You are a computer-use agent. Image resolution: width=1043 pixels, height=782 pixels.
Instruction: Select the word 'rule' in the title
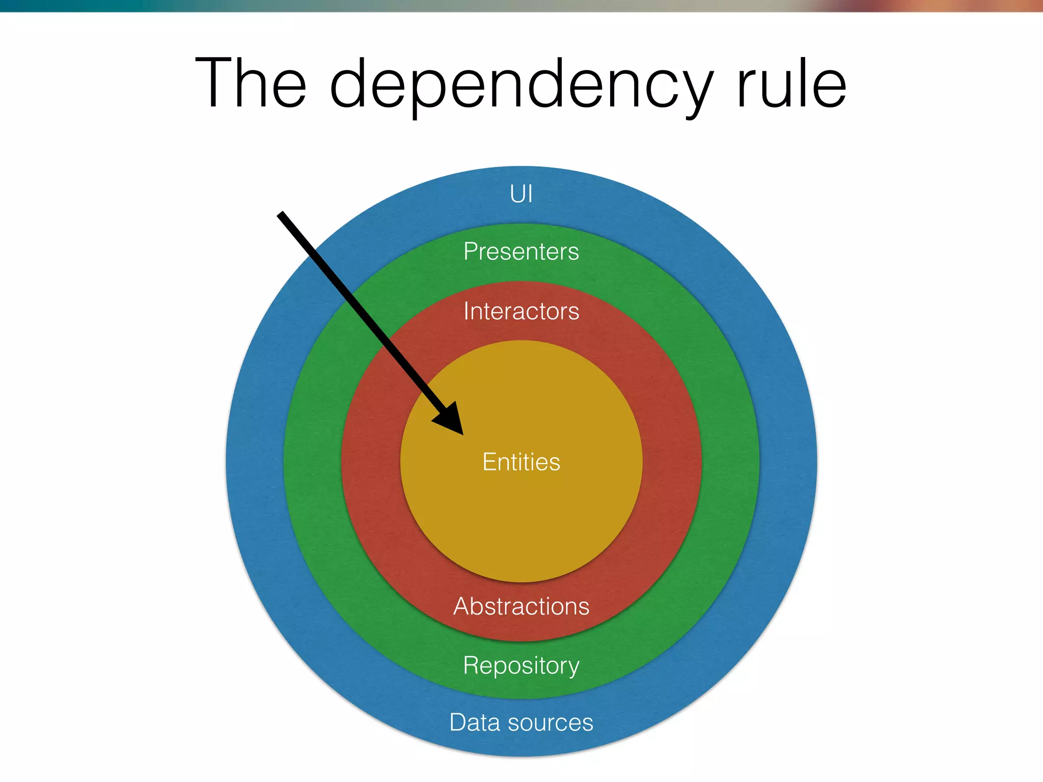coord(791,83)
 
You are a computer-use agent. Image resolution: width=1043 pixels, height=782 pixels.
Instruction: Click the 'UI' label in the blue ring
coord(521,194)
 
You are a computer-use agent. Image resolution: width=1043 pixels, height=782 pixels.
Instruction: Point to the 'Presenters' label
coord(521,252)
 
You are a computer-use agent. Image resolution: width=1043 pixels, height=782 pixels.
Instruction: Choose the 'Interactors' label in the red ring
coord(521,311)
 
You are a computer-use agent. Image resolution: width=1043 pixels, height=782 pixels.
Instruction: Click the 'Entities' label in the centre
coord(521,462)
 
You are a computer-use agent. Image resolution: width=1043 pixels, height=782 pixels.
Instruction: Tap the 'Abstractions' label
coord(521,606)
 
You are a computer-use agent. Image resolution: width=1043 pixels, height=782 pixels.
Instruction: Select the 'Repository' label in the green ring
coord(521,666)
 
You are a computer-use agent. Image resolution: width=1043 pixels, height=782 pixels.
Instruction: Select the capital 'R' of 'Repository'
coord(471,665)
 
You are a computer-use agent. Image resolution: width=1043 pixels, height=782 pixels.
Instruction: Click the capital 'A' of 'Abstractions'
coord(462,606)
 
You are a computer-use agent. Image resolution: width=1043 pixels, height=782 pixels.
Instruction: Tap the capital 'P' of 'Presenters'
coord(471,251)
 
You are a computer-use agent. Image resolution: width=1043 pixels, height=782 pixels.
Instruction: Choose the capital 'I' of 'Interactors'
coord(466,311)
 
